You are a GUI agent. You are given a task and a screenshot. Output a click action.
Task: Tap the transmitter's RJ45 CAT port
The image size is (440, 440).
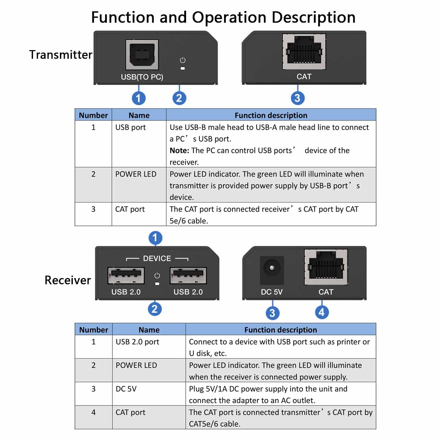304,51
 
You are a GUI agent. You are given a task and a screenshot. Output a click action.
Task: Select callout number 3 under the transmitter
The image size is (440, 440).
297,98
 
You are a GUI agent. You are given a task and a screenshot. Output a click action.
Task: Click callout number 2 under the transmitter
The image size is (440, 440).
179,98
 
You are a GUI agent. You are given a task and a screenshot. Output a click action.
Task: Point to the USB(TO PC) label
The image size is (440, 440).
142,77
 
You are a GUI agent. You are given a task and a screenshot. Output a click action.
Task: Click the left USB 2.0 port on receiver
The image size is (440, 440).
126,275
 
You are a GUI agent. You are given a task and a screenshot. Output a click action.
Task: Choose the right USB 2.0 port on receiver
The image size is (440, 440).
188,275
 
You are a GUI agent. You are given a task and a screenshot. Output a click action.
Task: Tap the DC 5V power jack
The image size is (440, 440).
272,269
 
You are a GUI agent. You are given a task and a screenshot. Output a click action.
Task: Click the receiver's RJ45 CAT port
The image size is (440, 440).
326,267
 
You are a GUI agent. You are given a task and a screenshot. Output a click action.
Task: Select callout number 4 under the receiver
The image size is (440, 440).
322,313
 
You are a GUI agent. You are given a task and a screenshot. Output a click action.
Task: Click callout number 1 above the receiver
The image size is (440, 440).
155,238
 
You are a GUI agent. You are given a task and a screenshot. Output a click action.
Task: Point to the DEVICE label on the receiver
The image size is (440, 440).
157,258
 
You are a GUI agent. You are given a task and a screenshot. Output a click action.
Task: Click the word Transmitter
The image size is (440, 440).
61,55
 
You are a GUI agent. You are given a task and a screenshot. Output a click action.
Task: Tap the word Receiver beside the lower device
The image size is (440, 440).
68,280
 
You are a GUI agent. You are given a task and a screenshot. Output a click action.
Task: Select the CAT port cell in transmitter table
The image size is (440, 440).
130,209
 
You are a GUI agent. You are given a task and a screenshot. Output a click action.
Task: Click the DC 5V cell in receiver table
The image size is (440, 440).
126,389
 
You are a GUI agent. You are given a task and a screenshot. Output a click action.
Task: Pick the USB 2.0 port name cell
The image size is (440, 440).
137,342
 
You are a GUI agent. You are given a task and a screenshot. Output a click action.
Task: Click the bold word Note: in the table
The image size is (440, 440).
179,151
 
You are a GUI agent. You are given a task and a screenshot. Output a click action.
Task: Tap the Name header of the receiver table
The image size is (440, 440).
149,330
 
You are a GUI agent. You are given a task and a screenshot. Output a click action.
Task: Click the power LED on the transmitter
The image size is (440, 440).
183,68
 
